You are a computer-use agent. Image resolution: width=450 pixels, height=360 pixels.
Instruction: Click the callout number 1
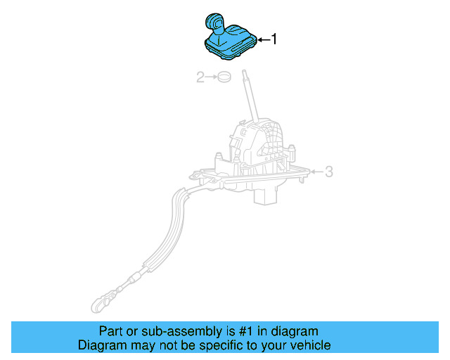(x=274, y=40)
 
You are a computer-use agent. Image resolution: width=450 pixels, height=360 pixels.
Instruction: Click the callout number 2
(x=200, y=77)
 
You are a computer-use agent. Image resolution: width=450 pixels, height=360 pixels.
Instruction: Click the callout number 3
(x=328, y=171)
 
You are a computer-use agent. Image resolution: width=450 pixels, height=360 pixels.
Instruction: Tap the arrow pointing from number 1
(x=263, y=40)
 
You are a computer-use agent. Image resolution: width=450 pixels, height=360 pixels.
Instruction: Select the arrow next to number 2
(x=211, y=77)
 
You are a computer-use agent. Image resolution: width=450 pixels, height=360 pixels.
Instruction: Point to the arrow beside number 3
(x=316, y=171)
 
